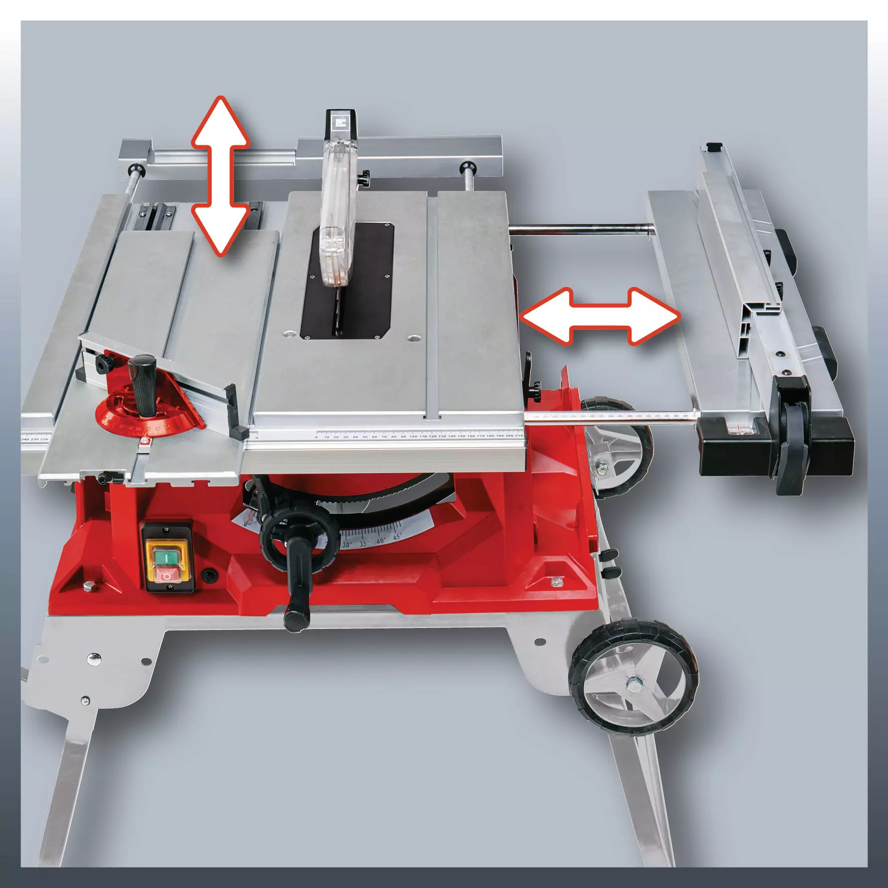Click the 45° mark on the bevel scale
coord(396,538)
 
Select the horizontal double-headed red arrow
coord(600,316)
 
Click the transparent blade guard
coord(335,220)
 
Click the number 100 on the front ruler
coord(413,436)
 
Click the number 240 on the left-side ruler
coord(25,439)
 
